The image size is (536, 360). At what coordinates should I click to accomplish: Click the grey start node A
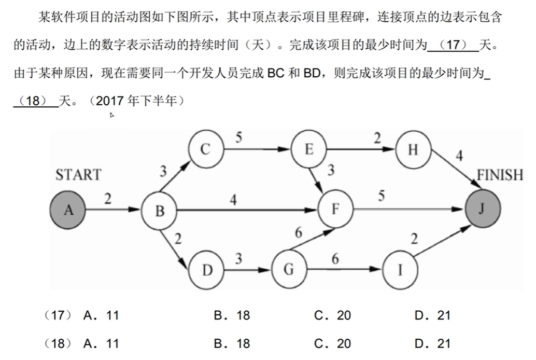(68, 210)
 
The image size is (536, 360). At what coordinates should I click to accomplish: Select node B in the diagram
(159, 211)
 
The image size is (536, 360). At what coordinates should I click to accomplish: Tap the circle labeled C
(206, 149)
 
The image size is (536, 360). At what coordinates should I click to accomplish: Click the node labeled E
(309, 149)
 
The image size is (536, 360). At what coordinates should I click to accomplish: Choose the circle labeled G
(289, 270)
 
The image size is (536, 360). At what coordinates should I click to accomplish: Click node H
(413, 150)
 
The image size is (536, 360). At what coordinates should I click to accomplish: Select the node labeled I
(401, 270)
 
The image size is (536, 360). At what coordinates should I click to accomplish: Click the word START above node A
(78, 175)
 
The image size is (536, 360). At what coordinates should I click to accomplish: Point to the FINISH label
(500, 175)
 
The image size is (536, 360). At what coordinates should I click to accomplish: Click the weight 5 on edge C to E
(238, 137)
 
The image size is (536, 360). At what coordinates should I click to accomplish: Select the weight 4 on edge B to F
(233, 199)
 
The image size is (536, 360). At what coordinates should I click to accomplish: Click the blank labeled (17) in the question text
(453, 45)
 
